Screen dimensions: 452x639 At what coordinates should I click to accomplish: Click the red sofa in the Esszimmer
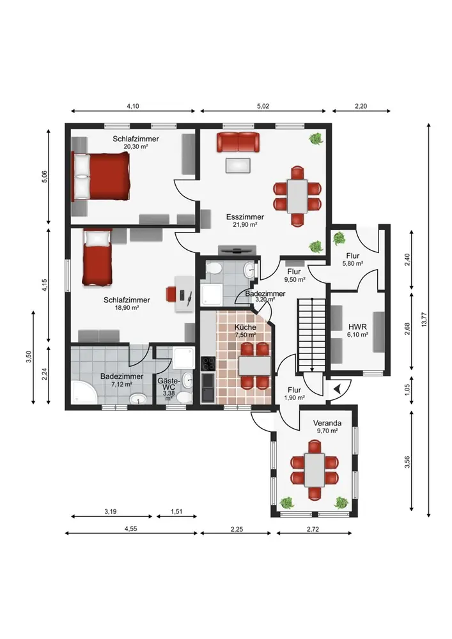click(238, 142)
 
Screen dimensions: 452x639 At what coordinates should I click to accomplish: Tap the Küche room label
click(245, 327)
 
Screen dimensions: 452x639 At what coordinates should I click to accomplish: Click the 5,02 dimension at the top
click(263, 106)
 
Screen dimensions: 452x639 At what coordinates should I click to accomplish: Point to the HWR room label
click(357, 327)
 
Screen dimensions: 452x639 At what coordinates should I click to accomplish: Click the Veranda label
click(327, 423)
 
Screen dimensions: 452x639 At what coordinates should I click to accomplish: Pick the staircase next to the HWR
click(312, 335)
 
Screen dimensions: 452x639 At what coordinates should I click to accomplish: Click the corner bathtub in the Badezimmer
click(84, 392)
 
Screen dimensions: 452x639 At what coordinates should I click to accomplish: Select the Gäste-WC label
click(168, 383)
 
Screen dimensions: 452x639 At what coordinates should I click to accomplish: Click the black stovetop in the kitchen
click(208, 363)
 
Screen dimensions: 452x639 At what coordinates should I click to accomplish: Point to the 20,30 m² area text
click(136, 146)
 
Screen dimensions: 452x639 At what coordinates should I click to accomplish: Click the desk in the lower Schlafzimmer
click(184, 293)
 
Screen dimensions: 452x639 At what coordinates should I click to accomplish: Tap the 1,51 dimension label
click(176, 511)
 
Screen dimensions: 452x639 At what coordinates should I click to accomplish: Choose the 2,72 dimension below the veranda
click(313, 529)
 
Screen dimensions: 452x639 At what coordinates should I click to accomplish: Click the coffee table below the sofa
click(238, 166)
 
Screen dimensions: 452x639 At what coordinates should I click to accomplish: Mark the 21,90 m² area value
click(245, 224)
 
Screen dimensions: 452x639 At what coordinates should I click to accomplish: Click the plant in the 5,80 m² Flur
click(339, 238)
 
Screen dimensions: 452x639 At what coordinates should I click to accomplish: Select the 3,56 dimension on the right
click(407, 462)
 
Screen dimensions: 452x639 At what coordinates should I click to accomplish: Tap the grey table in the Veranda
click(315, 470)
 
